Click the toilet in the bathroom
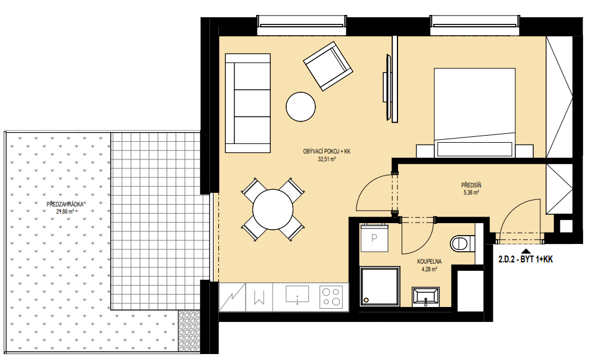pos(462,243)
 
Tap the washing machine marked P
pos(374,239)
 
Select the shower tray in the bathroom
pos(380,286)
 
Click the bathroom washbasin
pos(425,297)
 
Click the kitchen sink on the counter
pos(297,295)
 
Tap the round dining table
pos(273,209)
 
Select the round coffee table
pos(301,107)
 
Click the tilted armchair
pos(328,67)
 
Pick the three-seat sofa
pos(248,103)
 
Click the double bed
pos(474,112)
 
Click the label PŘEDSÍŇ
pos(471,186)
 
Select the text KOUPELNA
pos(430,262)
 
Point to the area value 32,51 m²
pos(327,159)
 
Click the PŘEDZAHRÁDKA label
pos(65,205)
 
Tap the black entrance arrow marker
pos(526,251)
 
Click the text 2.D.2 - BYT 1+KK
pos(525,259)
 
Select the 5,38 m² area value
pos(471,193)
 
